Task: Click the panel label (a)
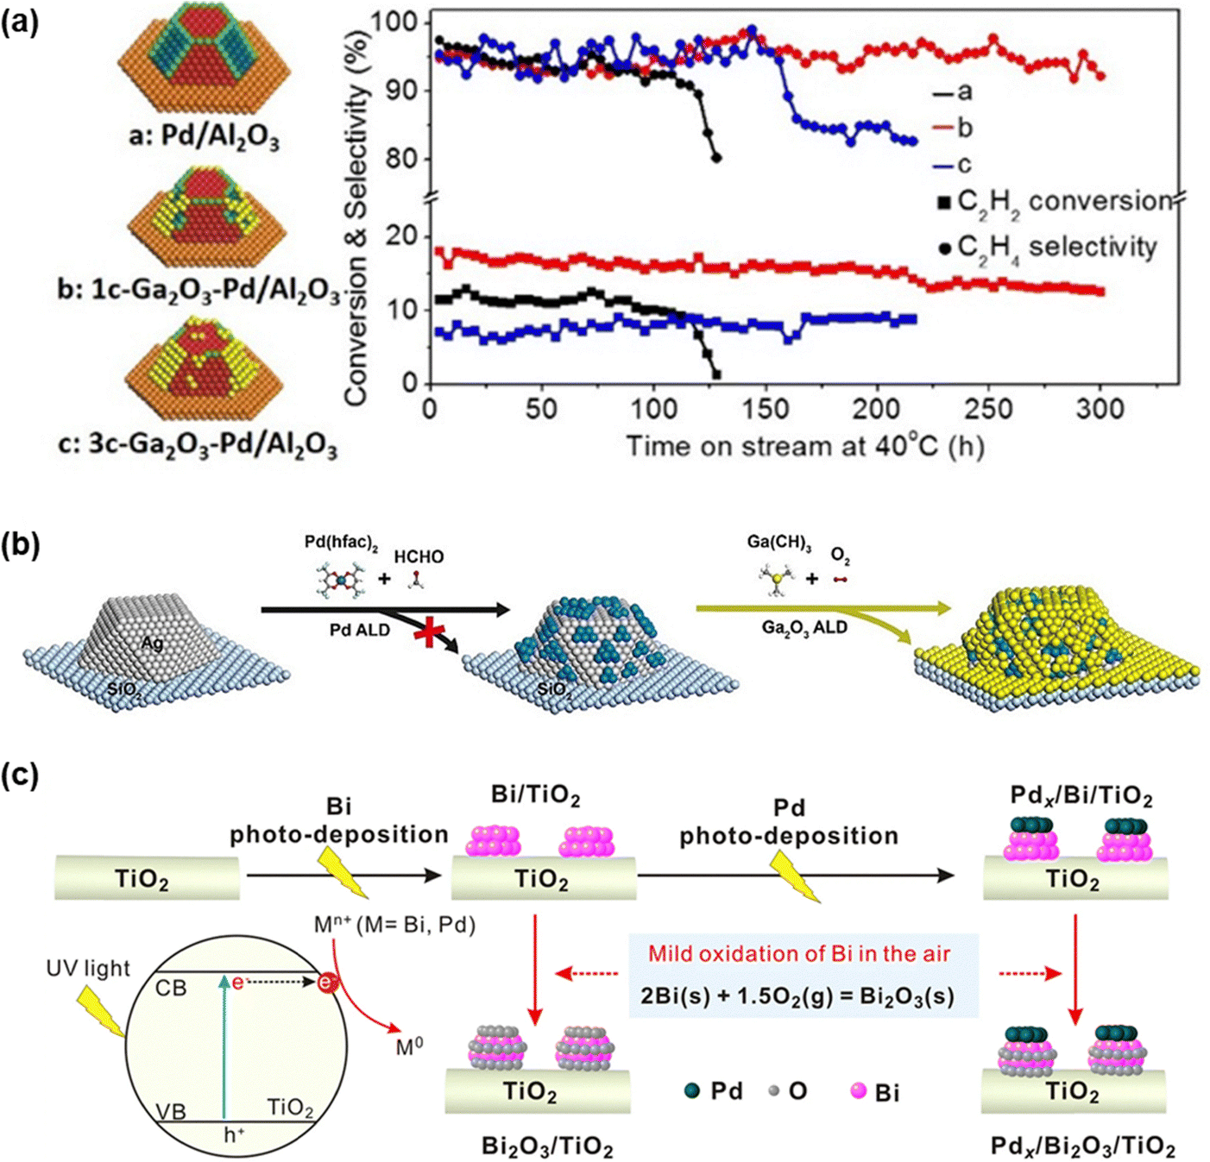tap(20, 20)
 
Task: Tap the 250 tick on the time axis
tap(988, 408)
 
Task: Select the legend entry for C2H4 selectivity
tap(1048, 248)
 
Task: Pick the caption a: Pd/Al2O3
tap(205, 135)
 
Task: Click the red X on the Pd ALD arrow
tap(427, 632)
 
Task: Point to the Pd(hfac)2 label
tap(341, 544)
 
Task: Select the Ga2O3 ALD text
tap(804, 627)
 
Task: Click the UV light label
tap(88, 969)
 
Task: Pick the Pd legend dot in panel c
tap(691, 1091)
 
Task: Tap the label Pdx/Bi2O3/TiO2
tap(1082, 1146)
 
